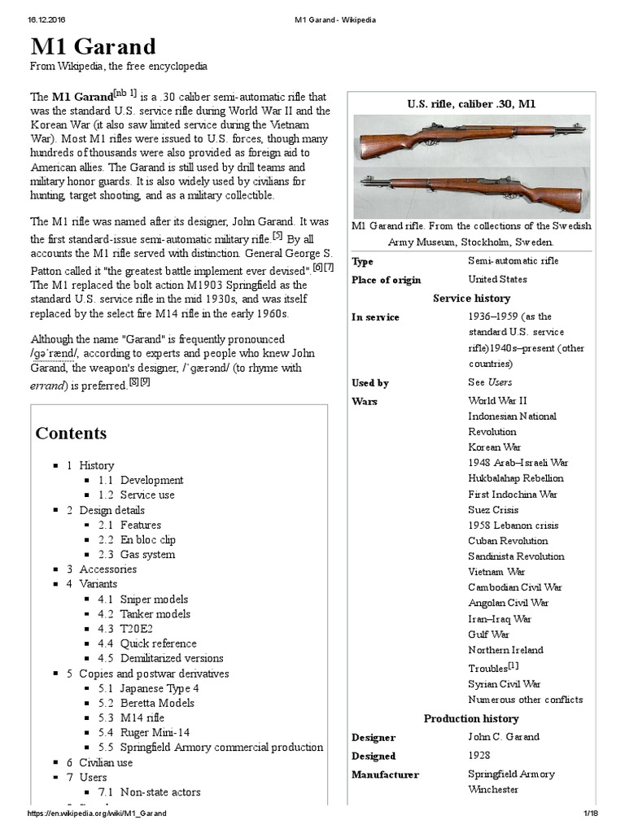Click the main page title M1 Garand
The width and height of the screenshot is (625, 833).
pyautogui.click(x=93, y=46)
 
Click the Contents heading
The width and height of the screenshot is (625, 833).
pyautogui.click(x=71, y=433)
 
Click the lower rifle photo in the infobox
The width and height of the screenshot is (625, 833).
pyautogui.click(x=471, y=193)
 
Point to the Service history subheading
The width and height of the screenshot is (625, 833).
pyautogui.click(x=471, y=299)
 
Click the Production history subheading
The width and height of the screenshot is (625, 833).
pyautogui.click(x=471, y=718)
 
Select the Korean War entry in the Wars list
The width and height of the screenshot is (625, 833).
pyautogui.click(x=494, y=447)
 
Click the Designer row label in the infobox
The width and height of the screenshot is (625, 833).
pyautogui.click(x=374, y=738)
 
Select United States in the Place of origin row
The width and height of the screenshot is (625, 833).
pyautogui.click(x=497, y=279)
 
